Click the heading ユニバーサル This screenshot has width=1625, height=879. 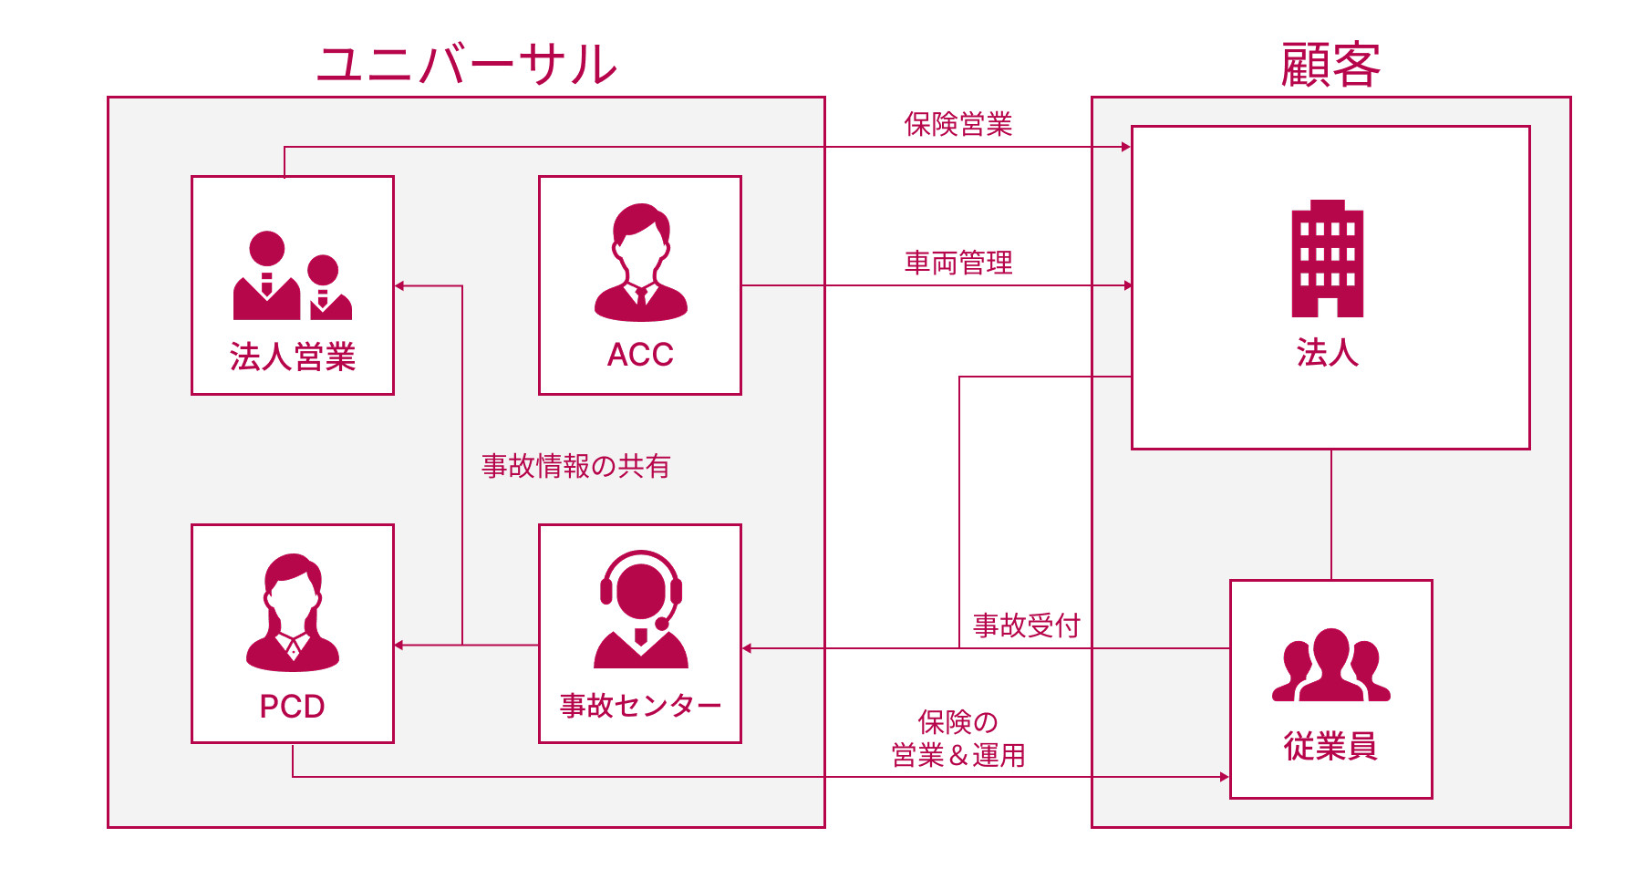coord(467,66)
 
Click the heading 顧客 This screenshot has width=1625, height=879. coord(1330,66)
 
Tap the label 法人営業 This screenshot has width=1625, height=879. coord(293,357)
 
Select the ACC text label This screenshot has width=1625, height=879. coord(640,355)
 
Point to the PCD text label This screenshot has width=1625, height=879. coord(292,707)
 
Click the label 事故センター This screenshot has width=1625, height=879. coord(640,706)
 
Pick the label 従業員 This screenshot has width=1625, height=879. coord(1330,747)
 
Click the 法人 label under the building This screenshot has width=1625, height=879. coord(1328,352)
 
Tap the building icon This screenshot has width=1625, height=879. coord(1328,259)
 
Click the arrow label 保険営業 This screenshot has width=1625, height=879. coord(958,125)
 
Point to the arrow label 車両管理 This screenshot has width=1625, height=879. coord(958,264)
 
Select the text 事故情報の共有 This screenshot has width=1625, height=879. coord(576,466)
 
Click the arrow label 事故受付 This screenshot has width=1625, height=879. coord(1027,626)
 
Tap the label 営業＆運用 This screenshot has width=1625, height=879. coord(958,756)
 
